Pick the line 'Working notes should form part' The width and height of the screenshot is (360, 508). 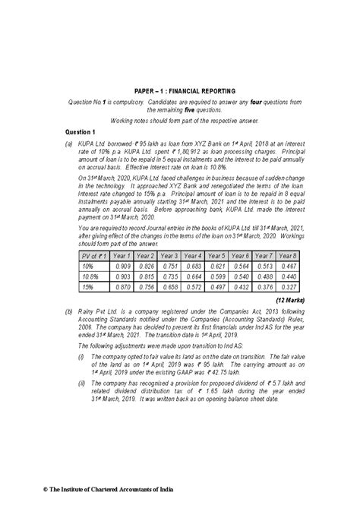click(180, 121)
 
